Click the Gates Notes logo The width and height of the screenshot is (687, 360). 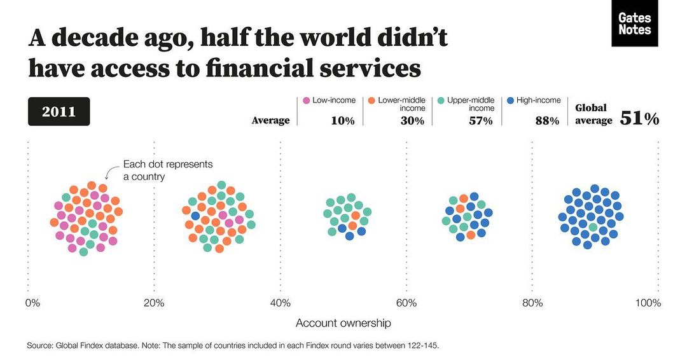(634, 24)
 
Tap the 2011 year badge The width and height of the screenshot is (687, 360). (59, 112)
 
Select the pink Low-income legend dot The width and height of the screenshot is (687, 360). (307, 100)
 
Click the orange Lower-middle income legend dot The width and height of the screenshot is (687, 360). (370, 100)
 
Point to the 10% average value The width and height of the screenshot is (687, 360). (342, 121)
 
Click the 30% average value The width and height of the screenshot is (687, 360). (412, 121)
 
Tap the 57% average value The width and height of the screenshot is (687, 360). (481, 121)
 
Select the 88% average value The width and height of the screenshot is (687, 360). (546, 121)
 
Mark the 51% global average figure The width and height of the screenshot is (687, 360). (639, 118)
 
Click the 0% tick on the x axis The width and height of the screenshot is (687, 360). (32, 303)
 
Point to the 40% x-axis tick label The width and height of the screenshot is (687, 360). (281, 303)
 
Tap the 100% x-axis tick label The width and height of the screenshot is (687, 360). (648, 303)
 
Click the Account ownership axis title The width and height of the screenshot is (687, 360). (343, 323)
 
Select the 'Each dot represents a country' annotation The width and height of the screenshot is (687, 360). (167, 170)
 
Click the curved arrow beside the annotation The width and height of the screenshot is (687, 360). (110, 172)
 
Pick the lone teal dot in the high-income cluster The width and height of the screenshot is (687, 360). (593, 227)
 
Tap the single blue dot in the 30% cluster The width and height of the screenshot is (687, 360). (196, 216)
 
